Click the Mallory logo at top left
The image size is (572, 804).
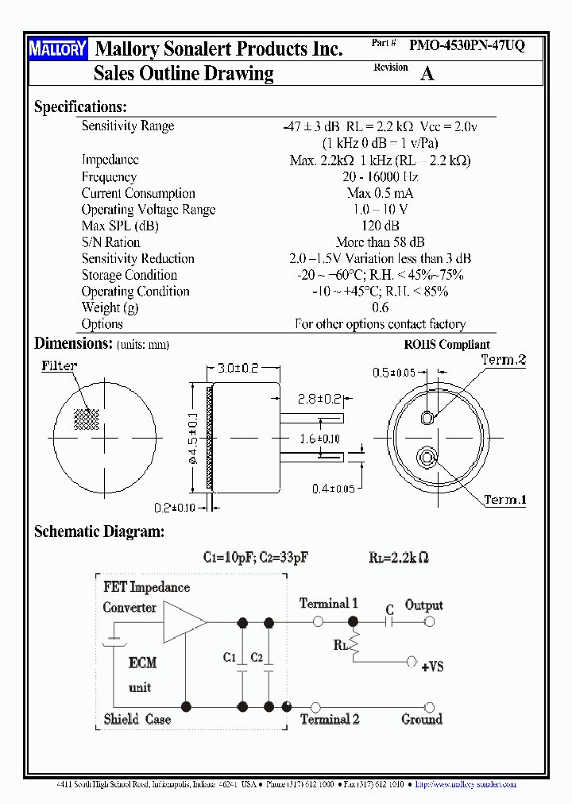pyautogui.click(x=58, y=49)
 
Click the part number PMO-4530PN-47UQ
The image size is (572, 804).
pyautogui.click(x=466, y=46)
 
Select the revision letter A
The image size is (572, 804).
pyautogui.click(x=427, y=74)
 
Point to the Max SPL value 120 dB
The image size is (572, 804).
pyautogui.click(x=380, y=226)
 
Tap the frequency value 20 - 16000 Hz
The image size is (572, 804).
pyautogui.click(x=380, y=177)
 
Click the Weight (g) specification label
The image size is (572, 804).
pyautogui.click(x=110, y=307)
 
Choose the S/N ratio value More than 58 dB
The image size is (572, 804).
pyautogui.click(x=380, y=242)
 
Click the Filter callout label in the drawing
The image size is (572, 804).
pyautogui.click(x=60, y=365)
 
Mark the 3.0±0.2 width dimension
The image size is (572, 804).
pyautogui.click(x=238, y=368)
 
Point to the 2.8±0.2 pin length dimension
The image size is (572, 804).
pyautogui.click(x=319, y=399)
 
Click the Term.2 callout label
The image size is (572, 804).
pyautogui.click(x=504, y=360)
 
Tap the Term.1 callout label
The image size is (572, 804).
pyautogui.click(x=505, y=501)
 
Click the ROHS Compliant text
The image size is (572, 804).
pyautogui.click(x=447, y=345)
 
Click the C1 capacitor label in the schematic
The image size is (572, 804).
pyautogui.click(x=230, y=657)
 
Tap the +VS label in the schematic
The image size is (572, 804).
pyautogui.click(x=431, y=667)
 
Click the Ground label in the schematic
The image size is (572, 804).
pyautogui.click(x=422, y=719)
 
